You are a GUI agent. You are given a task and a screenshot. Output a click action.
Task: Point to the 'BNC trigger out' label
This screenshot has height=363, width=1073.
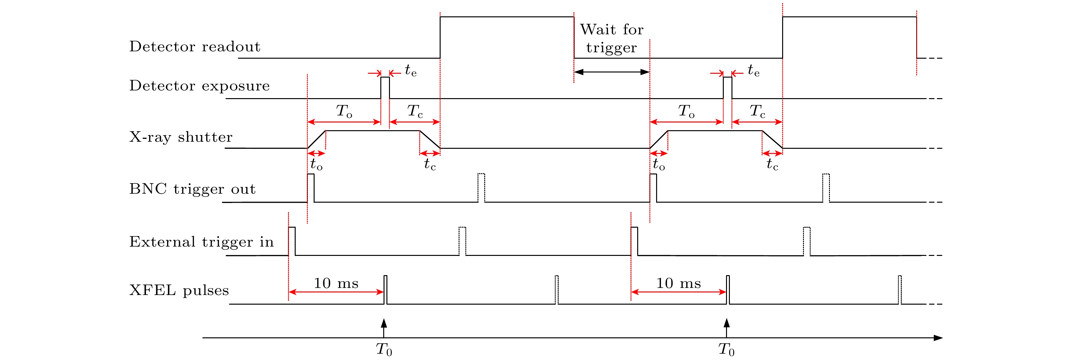192,189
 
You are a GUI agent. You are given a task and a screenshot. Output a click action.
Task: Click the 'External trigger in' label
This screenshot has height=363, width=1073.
201,242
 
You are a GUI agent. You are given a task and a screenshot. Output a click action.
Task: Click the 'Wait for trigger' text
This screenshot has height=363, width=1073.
612,38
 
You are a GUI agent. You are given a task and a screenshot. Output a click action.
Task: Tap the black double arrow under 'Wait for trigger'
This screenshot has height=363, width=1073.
612,72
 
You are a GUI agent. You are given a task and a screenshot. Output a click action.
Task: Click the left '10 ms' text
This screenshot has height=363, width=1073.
336,283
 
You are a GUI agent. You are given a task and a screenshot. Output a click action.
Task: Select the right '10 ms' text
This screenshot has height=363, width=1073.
679,283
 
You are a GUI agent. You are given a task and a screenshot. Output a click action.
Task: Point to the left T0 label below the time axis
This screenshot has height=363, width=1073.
384,350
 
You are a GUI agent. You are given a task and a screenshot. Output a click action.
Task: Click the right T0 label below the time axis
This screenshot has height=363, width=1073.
726,350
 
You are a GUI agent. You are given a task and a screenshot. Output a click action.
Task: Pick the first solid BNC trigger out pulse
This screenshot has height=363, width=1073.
311,188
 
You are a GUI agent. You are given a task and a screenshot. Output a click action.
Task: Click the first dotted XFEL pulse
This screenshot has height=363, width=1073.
556,290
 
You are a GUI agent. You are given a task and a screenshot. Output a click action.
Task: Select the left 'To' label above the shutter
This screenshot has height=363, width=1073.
344,111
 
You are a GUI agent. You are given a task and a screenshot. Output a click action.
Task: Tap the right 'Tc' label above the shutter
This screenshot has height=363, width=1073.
757,111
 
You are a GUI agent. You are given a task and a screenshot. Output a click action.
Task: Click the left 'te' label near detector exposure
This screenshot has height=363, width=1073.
410,71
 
